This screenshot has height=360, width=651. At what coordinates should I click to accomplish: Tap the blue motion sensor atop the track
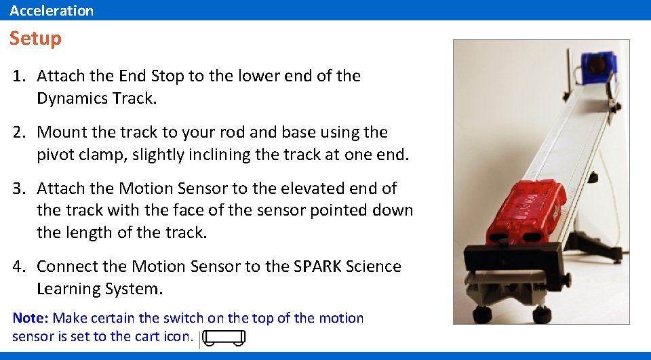point(596,68)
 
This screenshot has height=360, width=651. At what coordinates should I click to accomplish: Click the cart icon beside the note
point(224,338)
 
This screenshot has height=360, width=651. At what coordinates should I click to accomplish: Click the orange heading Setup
point(35,39)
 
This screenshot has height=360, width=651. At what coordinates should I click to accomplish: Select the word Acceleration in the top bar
point(52,10)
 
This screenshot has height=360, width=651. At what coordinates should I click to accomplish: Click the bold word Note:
point(31,318)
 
